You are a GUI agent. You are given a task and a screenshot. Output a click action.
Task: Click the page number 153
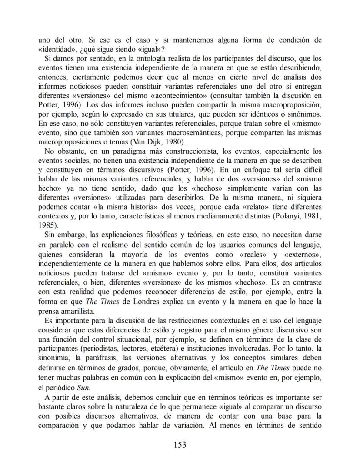[x=180, y=444]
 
